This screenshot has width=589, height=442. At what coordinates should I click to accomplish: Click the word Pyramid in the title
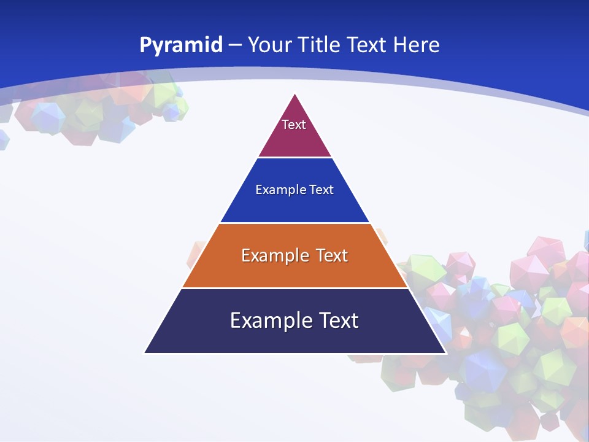click(x=181, y=45)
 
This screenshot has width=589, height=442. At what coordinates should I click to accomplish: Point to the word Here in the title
click(x=416, y=45)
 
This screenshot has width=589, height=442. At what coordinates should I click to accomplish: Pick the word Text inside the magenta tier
click(x=293, y=125)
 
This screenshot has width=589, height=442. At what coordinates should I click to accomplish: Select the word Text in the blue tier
click(x=321, y=190)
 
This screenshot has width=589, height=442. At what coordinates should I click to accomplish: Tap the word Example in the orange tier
click(x=275, y=255)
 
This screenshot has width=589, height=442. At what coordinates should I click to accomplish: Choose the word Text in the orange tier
click(x=331, y=255)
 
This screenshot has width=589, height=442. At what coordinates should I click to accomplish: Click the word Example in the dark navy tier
click(x=269, y=320)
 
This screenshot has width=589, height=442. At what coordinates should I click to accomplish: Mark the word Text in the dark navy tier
click(x=338, y=320)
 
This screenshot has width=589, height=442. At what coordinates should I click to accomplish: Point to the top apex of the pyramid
click(x=295, y=94)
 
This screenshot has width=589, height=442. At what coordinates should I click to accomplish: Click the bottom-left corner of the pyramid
click(x=145, y=353)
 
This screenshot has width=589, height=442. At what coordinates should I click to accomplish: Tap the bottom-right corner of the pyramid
click(x=445, y=353)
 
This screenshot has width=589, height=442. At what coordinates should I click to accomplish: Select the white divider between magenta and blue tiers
click(x=294, y=158)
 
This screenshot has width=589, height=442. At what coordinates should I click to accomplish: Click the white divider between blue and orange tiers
click(x=294, y=223)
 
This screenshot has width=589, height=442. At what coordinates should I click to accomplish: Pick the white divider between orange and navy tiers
click(x=294, y=288)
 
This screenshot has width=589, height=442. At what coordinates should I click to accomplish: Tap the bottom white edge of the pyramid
click(x=294, y=354)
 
